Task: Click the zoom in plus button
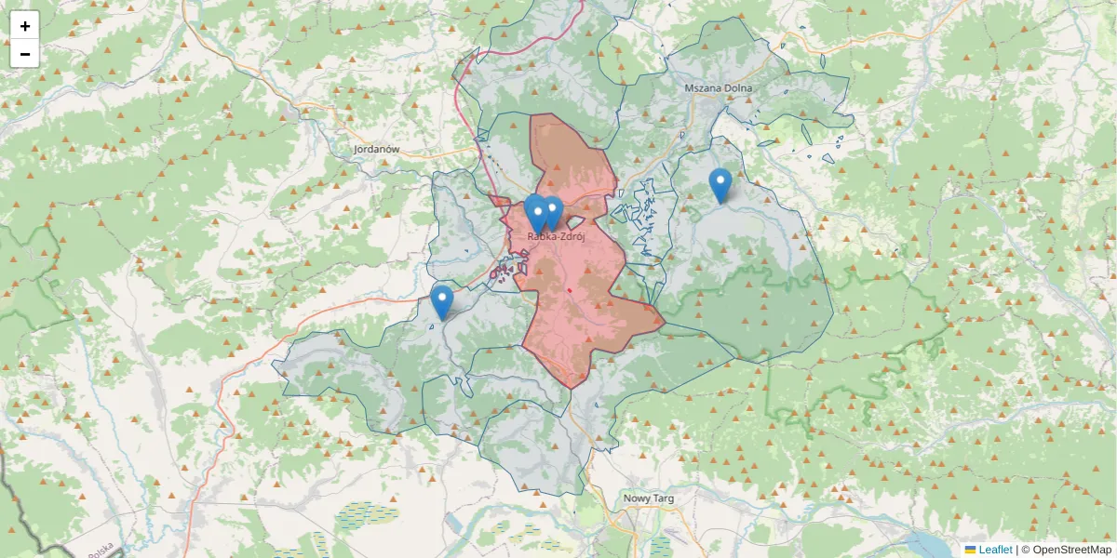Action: [25, 26]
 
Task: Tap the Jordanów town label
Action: [376, 149]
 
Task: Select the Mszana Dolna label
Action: [718, 87]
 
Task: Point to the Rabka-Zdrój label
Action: [556, 236]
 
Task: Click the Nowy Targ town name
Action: [649, 498]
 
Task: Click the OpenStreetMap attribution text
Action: [1071, 550]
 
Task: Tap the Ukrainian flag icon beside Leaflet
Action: [971, 550]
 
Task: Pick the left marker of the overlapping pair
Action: [535, 213]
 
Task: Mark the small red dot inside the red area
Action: [568, 290]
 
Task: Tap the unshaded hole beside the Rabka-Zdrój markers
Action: [575, 222]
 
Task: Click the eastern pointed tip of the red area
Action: [664, 323]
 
